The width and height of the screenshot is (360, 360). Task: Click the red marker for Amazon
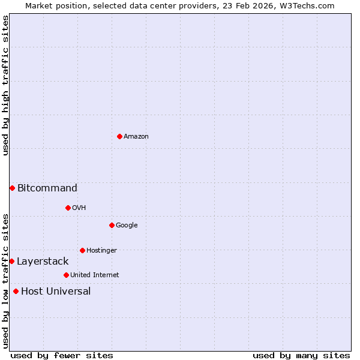[119, 136]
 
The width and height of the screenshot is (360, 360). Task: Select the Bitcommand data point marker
[12, 188]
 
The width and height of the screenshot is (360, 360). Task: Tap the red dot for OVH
[68, 208]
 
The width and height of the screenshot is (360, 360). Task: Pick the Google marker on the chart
[112, 225]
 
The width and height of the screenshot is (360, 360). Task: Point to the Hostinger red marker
[82, 250]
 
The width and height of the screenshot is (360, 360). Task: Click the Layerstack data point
[11, 261]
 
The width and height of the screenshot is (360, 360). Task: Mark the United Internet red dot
[66, 275]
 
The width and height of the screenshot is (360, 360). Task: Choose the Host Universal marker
[16, 291]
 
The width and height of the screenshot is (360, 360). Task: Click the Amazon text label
[136, 137]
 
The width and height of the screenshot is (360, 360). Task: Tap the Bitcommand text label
[47, 188]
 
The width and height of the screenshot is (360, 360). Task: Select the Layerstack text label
[43, 261]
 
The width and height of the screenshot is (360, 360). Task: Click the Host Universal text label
[56, 291]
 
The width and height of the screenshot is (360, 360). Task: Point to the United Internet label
[95, 275]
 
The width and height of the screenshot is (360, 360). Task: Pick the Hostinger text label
[101, 250]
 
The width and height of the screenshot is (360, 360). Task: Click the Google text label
[127, 225]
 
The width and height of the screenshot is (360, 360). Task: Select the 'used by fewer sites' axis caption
[62, 355]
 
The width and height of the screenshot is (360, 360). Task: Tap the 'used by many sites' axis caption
[301, 355]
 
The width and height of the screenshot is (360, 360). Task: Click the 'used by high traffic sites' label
[5, 86]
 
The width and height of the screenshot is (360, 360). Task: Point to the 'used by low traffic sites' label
[5, 281]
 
